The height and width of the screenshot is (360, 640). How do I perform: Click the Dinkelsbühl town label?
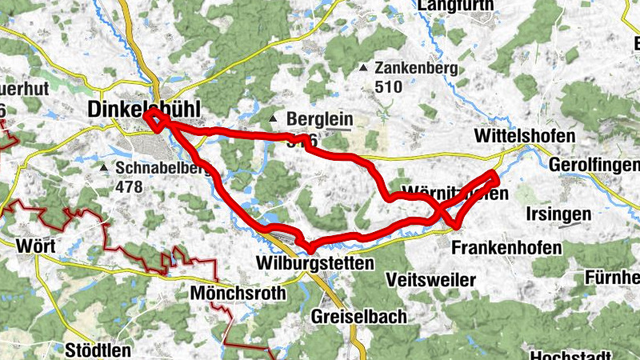(144, 109)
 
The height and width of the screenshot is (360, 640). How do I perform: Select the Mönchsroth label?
(238, 294)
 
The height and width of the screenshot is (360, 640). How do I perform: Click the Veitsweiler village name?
(430, 280)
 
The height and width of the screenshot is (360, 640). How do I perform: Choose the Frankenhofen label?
(506, 247)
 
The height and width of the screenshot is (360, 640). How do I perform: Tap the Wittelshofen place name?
(524, 136)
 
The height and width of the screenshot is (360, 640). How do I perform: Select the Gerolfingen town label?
(595, 164)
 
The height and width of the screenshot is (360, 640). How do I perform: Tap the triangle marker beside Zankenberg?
(365, 69)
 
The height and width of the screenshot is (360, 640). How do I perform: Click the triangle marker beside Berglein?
(274, 119)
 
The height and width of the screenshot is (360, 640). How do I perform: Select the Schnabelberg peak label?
(163, 169)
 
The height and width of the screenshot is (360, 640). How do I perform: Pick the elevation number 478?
(129, 187)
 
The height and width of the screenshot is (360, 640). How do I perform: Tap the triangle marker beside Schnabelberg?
(104, 169)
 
